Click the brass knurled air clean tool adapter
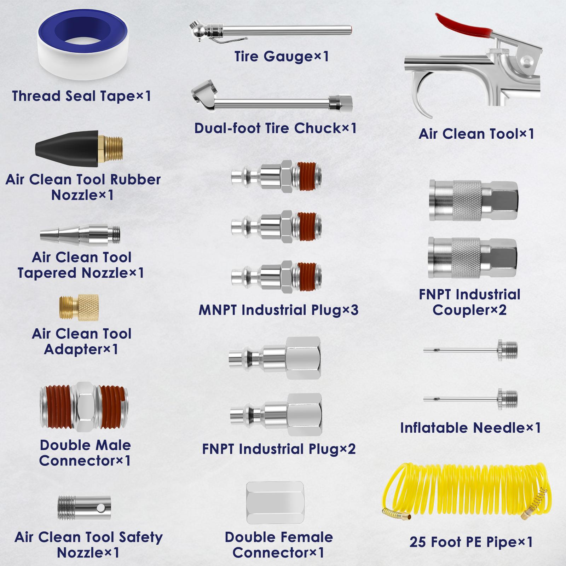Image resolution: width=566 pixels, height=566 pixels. coord(79,307)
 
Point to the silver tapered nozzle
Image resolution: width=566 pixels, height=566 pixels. coord(80,235)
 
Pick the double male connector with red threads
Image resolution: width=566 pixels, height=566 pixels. coord(84,407)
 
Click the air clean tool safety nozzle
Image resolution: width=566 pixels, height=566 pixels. coord(84,507)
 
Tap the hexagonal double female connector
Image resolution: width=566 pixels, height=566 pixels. coord(275,503)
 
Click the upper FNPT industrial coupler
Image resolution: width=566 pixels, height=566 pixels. coord(474,201)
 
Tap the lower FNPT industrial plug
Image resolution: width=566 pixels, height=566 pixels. coord(276,415)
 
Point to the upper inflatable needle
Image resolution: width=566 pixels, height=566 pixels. coord(470,350)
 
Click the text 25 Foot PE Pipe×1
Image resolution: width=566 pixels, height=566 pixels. coord(471,542)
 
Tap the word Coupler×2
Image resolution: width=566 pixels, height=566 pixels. coord(469,310)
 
